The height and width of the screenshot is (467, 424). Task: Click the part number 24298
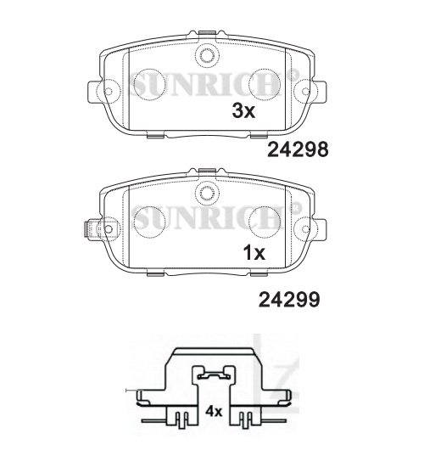point(298,149)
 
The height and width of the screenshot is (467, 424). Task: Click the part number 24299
point(289,300)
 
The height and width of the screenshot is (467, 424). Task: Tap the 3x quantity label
point(243,111)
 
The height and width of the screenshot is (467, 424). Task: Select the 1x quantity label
point(254,253)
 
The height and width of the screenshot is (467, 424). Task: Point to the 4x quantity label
point(214,412)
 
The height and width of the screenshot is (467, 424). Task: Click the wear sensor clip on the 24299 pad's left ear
point(89,229)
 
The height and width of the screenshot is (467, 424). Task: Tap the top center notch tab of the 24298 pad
point(207,33)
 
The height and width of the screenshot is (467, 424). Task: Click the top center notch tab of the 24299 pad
point(207,170)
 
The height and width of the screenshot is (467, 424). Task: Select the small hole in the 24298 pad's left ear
point(109,92)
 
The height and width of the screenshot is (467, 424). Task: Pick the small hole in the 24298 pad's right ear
point(305,92)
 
